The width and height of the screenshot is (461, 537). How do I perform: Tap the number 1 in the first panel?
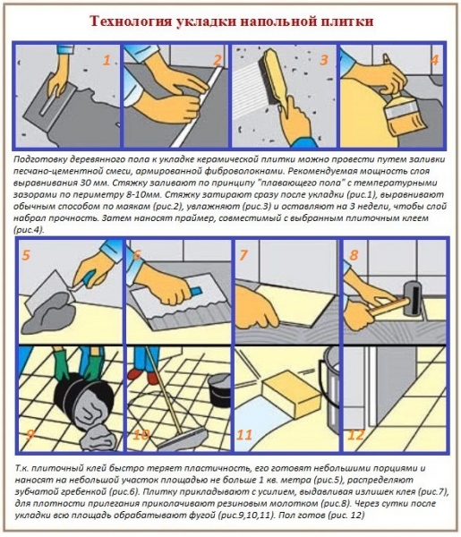click(x=106, y=61)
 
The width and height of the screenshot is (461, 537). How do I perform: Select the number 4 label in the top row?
click(x=433, y=61)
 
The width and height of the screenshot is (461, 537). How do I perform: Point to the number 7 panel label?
click(x=243, y=255)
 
